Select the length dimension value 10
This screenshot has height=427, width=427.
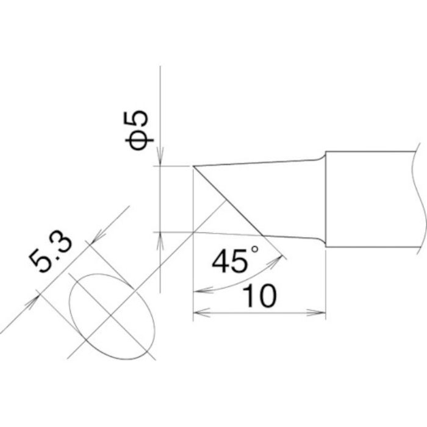click(259, 297)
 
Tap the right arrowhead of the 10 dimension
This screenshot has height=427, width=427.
click(321, 315)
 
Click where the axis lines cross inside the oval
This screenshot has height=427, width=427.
click(110, 318)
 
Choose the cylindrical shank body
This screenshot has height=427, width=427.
click(372, 198)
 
